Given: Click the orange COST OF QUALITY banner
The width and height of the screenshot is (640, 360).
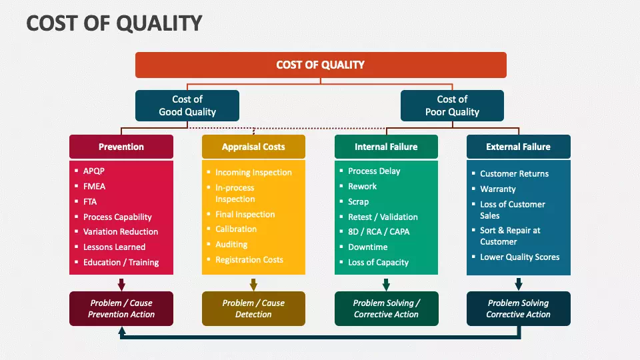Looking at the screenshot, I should tap(321, 65).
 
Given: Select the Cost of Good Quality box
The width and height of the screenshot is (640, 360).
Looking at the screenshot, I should tap(187, 105).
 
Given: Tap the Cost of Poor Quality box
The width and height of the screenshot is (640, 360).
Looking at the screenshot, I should tap(452, 105).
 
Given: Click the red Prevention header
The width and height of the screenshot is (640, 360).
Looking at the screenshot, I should tap(121, 147).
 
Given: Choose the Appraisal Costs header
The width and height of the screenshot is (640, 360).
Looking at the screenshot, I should tap(253, 147).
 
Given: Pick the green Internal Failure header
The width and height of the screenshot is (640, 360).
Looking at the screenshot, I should tap(386, 147).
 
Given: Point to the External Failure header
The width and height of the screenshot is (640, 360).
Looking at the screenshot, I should tap(518, 147).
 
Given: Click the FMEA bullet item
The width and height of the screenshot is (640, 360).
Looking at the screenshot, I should tap(94, 186).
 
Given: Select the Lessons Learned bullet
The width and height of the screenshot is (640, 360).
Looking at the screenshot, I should tap(114, 247).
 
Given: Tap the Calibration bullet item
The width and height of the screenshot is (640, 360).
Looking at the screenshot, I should tap(236, 229).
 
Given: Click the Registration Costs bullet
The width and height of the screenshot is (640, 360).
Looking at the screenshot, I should tap(249, 259).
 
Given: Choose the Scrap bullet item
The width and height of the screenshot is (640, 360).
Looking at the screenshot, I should tap(358, 201).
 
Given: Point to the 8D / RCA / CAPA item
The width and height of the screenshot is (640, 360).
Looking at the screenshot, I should tap(379, 231).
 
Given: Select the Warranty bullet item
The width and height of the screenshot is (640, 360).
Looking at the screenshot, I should tap(497, 189).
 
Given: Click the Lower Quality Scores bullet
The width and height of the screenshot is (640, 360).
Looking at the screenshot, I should tap(519, 257).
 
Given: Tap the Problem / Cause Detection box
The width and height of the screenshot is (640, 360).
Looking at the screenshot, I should tap(253, 309).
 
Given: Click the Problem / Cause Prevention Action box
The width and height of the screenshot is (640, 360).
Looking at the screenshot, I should tap(121, 309).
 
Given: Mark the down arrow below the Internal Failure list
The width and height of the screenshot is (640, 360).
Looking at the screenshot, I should tap(386, 284).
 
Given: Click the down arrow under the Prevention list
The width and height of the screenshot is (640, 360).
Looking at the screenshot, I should tap(121, 284).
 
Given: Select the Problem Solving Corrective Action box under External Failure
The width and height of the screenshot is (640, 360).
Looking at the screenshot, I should tap(518, 309).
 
